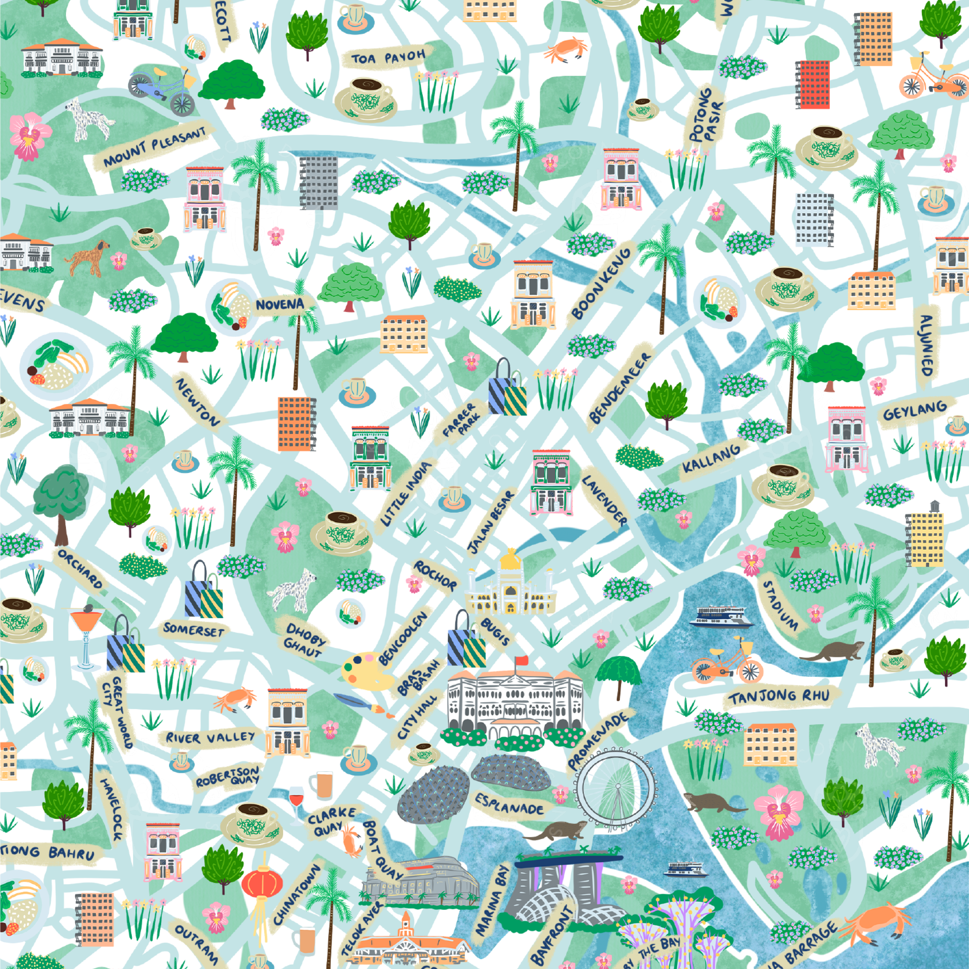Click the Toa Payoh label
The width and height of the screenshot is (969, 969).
pyautogui.click(x=388, y=58)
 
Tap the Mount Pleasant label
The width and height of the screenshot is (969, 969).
pyautogui.click(x=154, y=147)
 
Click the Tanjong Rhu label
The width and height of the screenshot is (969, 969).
pyautogui.click(x=779, y=697)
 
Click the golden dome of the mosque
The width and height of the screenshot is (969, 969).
pyautogui.click(x=510, y=559)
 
